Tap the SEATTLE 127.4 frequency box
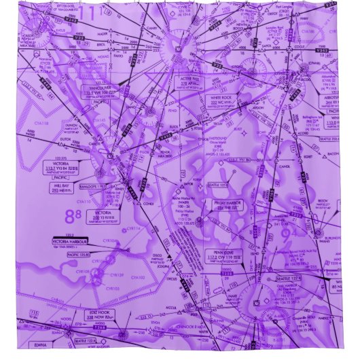tap(287, 278)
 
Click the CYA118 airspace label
tap(41, 123)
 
